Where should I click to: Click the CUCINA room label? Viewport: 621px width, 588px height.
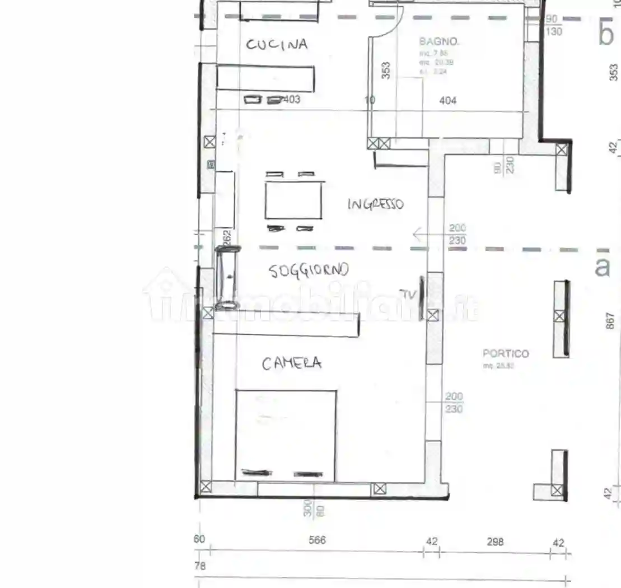[x=277, y=45]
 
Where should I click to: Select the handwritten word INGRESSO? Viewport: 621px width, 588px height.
[x=375, y=204]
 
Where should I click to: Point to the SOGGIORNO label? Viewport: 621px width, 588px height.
[x=309, y=270]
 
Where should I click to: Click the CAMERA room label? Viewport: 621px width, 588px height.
[x=292, y=363]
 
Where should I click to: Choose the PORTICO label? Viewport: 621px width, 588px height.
[x=506, y=354]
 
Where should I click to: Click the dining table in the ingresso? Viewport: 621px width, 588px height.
[x=293, y=200]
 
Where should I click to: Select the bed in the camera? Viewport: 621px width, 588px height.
[x=286, y=435]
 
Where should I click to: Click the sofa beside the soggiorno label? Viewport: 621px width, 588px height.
[x=227, y=278]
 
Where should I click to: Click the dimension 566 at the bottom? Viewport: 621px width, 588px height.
[x=317, y=540]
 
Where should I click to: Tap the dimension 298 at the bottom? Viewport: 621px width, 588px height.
[x=495, y=542]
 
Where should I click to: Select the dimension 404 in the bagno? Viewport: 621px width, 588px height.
[x=447, y=101]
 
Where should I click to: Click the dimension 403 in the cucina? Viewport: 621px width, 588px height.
[x=292, y=100]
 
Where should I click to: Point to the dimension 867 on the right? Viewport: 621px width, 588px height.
[x=611, y=320]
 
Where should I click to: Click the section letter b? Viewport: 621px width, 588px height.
[x=606, y=35]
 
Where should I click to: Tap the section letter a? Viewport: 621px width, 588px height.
[x=602, y=267]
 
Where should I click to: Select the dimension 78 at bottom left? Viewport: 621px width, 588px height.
[x=200, y=566]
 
